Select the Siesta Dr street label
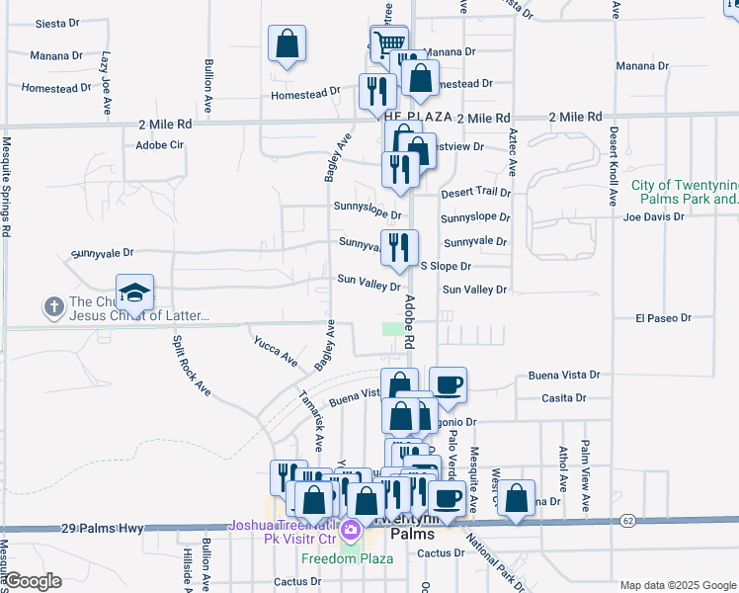[x=56, y=23]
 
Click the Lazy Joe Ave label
[x=105, y=84]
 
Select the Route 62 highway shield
[x=627, y=520]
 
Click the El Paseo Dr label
[x=659, y=318]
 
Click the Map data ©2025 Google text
[x=678, y=585]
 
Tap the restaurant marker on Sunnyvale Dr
[x=399, y=248]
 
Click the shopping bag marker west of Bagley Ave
[x=287, y=43]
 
